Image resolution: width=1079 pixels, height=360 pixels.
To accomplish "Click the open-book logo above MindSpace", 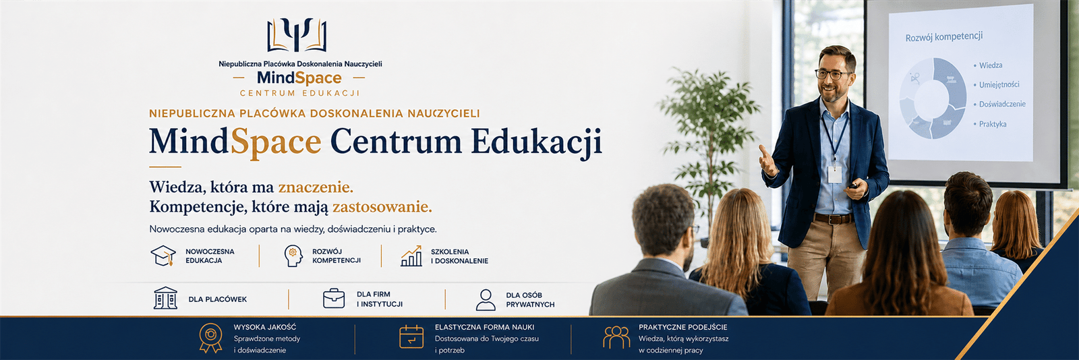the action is click(x=297, y=34).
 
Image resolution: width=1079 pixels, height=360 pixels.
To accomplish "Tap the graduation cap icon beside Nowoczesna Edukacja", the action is click(x=163, y=256).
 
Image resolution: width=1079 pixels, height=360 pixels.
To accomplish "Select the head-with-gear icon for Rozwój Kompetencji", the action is click(x=293, y=256).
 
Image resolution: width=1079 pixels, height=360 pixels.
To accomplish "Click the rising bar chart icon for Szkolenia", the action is click(x=411, y=256).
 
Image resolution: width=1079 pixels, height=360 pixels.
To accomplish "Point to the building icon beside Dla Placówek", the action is click(x=165, y=298).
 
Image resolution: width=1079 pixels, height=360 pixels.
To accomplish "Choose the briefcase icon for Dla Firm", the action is click(x=334, y=299).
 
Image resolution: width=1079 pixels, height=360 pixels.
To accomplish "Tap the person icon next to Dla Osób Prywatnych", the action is click(x=486, y=300).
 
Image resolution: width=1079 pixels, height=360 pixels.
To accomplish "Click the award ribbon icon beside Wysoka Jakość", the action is click(x=211, y=338).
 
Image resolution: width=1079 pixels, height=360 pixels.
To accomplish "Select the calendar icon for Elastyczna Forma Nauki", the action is click(x=411, y=336).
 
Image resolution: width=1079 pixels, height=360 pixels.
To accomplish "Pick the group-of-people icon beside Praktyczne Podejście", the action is click(x=616, y=337).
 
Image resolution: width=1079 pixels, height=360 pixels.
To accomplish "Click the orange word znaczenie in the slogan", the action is click(x=316, y=187).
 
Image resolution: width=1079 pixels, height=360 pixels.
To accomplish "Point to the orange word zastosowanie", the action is click(x=382, y=207).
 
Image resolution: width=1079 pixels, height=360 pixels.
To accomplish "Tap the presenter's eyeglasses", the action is click(x=832, y=75).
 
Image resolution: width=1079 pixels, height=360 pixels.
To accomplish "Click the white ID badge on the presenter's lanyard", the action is click(x=835, y=173).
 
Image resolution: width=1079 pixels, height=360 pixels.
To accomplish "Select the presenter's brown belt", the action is click(x=834, y=218).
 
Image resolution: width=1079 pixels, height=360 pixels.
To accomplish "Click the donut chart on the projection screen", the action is click(x=933, y=98).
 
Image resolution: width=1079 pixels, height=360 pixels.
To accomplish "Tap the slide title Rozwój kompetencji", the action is click(x=944, y=37).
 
